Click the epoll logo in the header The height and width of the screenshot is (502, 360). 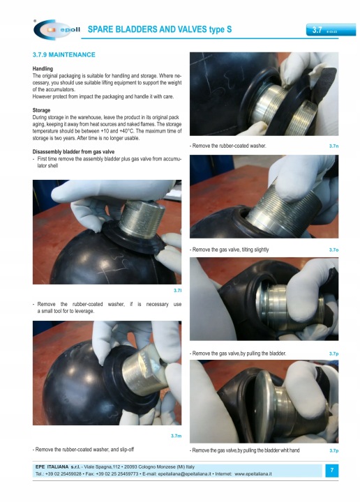point(57,29)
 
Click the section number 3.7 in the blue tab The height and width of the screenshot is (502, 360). point(317,30)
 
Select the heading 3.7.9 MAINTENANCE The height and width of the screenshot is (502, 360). point(63,55)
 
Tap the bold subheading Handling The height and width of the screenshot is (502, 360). point(43,68)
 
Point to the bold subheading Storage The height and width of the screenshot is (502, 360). point(41,110)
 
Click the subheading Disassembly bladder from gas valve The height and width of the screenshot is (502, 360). point(73,152)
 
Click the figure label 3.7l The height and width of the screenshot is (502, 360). point(177,290)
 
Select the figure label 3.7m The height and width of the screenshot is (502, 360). point(176,436)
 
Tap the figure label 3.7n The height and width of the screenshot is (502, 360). point(333,146)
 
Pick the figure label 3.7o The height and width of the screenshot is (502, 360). point(333,250)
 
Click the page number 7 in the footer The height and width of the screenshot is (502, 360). point(332,470)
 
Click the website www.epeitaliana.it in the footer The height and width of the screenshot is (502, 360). point(253,474)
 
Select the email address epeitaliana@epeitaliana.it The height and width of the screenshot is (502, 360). point(184,474)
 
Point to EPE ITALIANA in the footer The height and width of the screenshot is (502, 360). point(52,466)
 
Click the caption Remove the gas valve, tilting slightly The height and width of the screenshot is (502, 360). point(230,250)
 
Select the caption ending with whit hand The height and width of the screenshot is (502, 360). point(245,450)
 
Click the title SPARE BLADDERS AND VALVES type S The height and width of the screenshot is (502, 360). point(160,29)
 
